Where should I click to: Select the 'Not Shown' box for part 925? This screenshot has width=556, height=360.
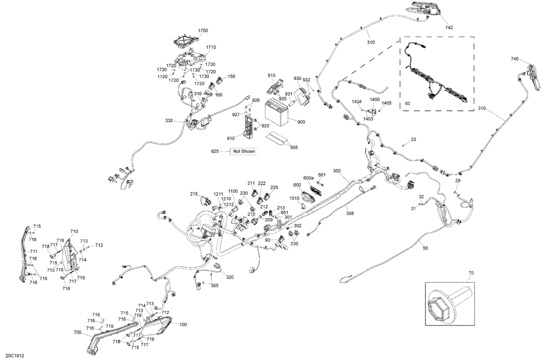(244, 151)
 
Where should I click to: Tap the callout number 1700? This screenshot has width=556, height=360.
(203, 30)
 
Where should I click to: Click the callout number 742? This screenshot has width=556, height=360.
(449, 27)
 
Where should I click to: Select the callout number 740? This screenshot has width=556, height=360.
(514, 59)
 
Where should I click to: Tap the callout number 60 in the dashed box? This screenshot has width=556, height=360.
(408, 104)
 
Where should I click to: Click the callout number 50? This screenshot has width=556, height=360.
(425, 248)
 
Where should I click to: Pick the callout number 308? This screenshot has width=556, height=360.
(350, 213)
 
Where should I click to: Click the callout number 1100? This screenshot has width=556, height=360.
(233, 191)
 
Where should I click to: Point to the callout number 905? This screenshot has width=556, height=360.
(294, 147)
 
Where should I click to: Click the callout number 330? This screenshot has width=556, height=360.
(169, 121)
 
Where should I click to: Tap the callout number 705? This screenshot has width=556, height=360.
(77, 332)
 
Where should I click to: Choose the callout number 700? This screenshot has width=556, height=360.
(183, 324)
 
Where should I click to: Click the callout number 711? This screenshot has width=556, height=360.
(34, 251)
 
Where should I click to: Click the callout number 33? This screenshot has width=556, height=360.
(414, 139)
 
